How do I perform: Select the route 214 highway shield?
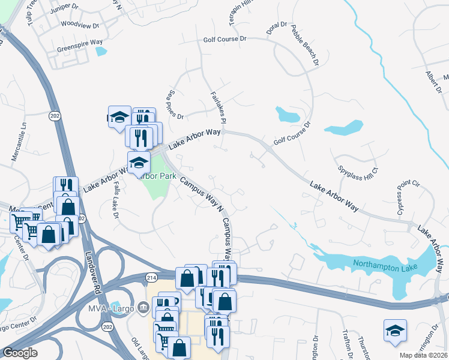[x=151, y=276]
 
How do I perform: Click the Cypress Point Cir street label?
[x=405, y=196]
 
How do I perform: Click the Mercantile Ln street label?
[x=20, y=142]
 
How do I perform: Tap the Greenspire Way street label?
[x=80, y=44]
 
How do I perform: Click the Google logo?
[x=20, y=353]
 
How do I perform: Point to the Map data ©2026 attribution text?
[x=424, y=355]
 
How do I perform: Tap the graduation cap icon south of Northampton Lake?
[x=395, y=331]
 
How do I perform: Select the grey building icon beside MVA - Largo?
[x=143, y=308]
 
